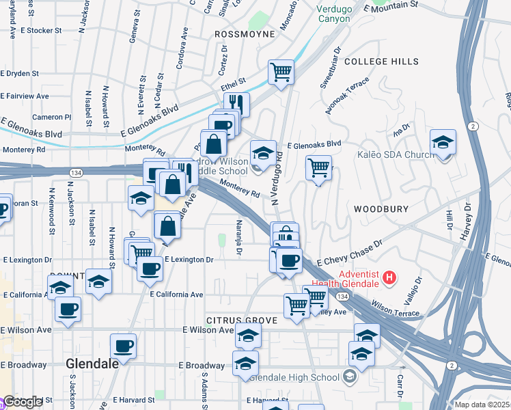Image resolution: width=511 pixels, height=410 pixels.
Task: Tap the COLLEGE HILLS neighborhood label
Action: coord(381,61)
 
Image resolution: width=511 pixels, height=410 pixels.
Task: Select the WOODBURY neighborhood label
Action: coord(381,208)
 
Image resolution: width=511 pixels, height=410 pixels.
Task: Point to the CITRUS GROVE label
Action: coord(243,320)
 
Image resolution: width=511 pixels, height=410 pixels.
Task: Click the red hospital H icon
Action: coord(389,277)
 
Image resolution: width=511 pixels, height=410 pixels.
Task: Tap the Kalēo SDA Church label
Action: coord(396,154)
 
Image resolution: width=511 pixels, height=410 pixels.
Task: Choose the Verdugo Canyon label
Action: coord(333,14)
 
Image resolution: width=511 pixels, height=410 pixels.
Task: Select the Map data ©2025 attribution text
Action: coord(482,405)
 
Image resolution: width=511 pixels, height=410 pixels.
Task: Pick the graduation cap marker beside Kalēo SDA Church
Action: coord(443,143)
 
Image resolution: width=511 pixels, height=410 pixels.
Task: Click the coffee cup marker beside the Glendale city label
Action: coord(123,346)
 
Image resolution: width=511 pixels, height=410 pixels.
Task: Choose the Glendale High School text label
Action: coord(294,377)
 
